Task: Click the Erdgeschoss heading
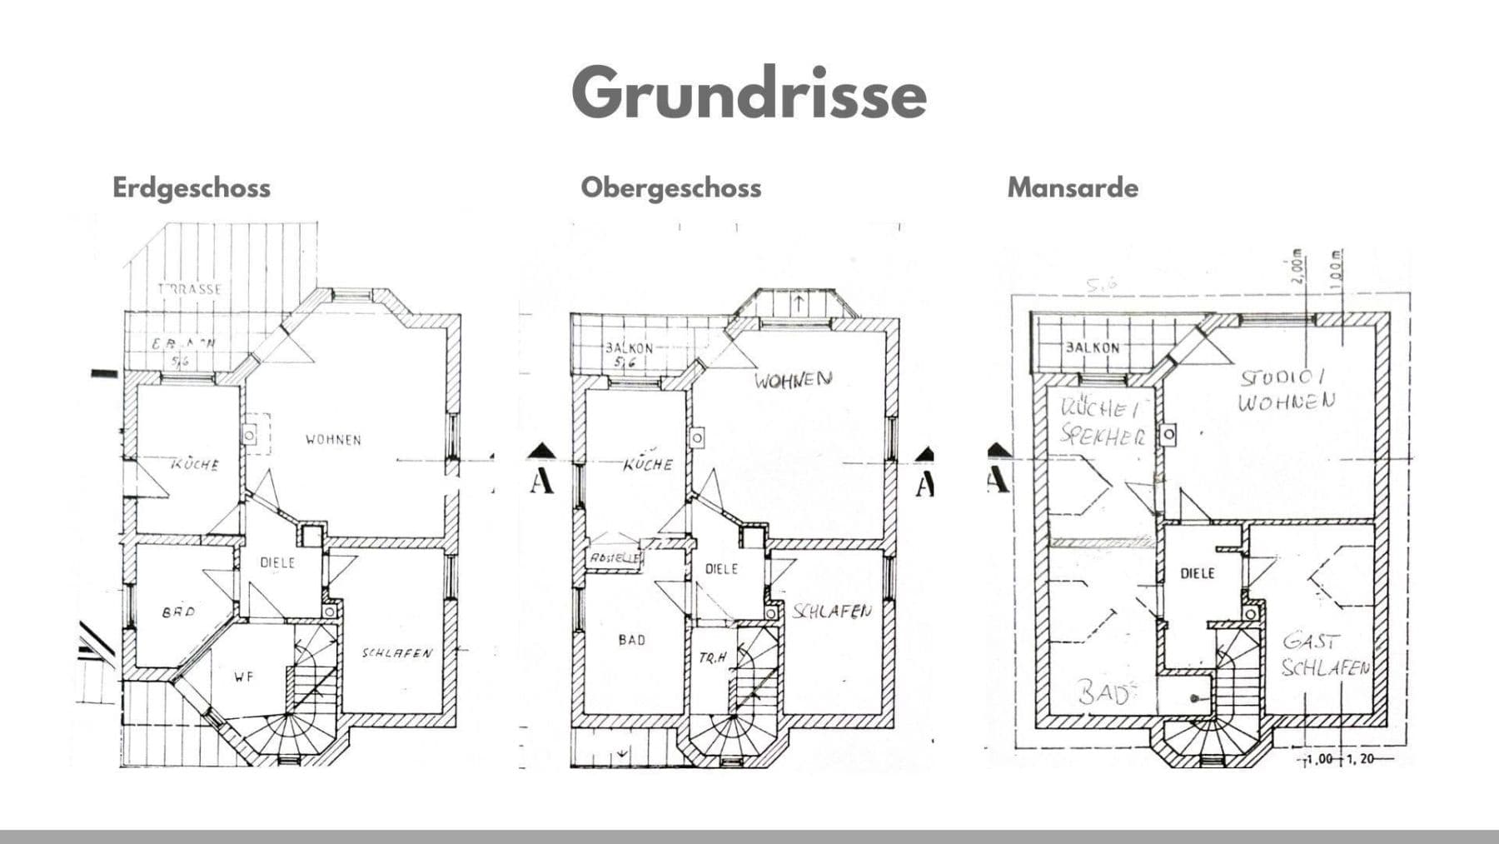(x=192, y=187)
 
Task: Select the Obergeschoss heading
(x=670, y=187)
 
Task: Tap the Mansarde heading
(x=1073, y=187)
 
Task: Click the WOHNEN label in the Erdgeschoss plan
(x=333, y=439)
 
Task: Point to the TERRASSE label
(x=191, y=289)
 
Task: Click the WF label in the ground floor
(x=243, y=677)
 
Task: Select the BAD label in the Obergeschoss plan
(x=631, y=640)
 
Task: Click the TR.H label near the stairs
(x=713, y=658)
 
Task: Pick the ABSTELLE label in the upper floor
(x=615, y=557)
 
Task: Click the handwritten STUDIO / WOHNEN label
(x=1287, y=390)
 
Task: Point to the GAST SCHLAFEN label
(x=1324, y=655)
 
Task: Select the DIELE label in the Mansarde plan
(x=1197, y=573)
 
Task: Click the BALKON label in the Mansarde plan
(x=1092, y=347)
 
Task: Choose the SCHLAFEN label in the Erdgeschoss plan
(x=396, y=653)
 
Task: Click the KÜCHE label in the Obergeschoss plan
(x=647, y=464)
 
